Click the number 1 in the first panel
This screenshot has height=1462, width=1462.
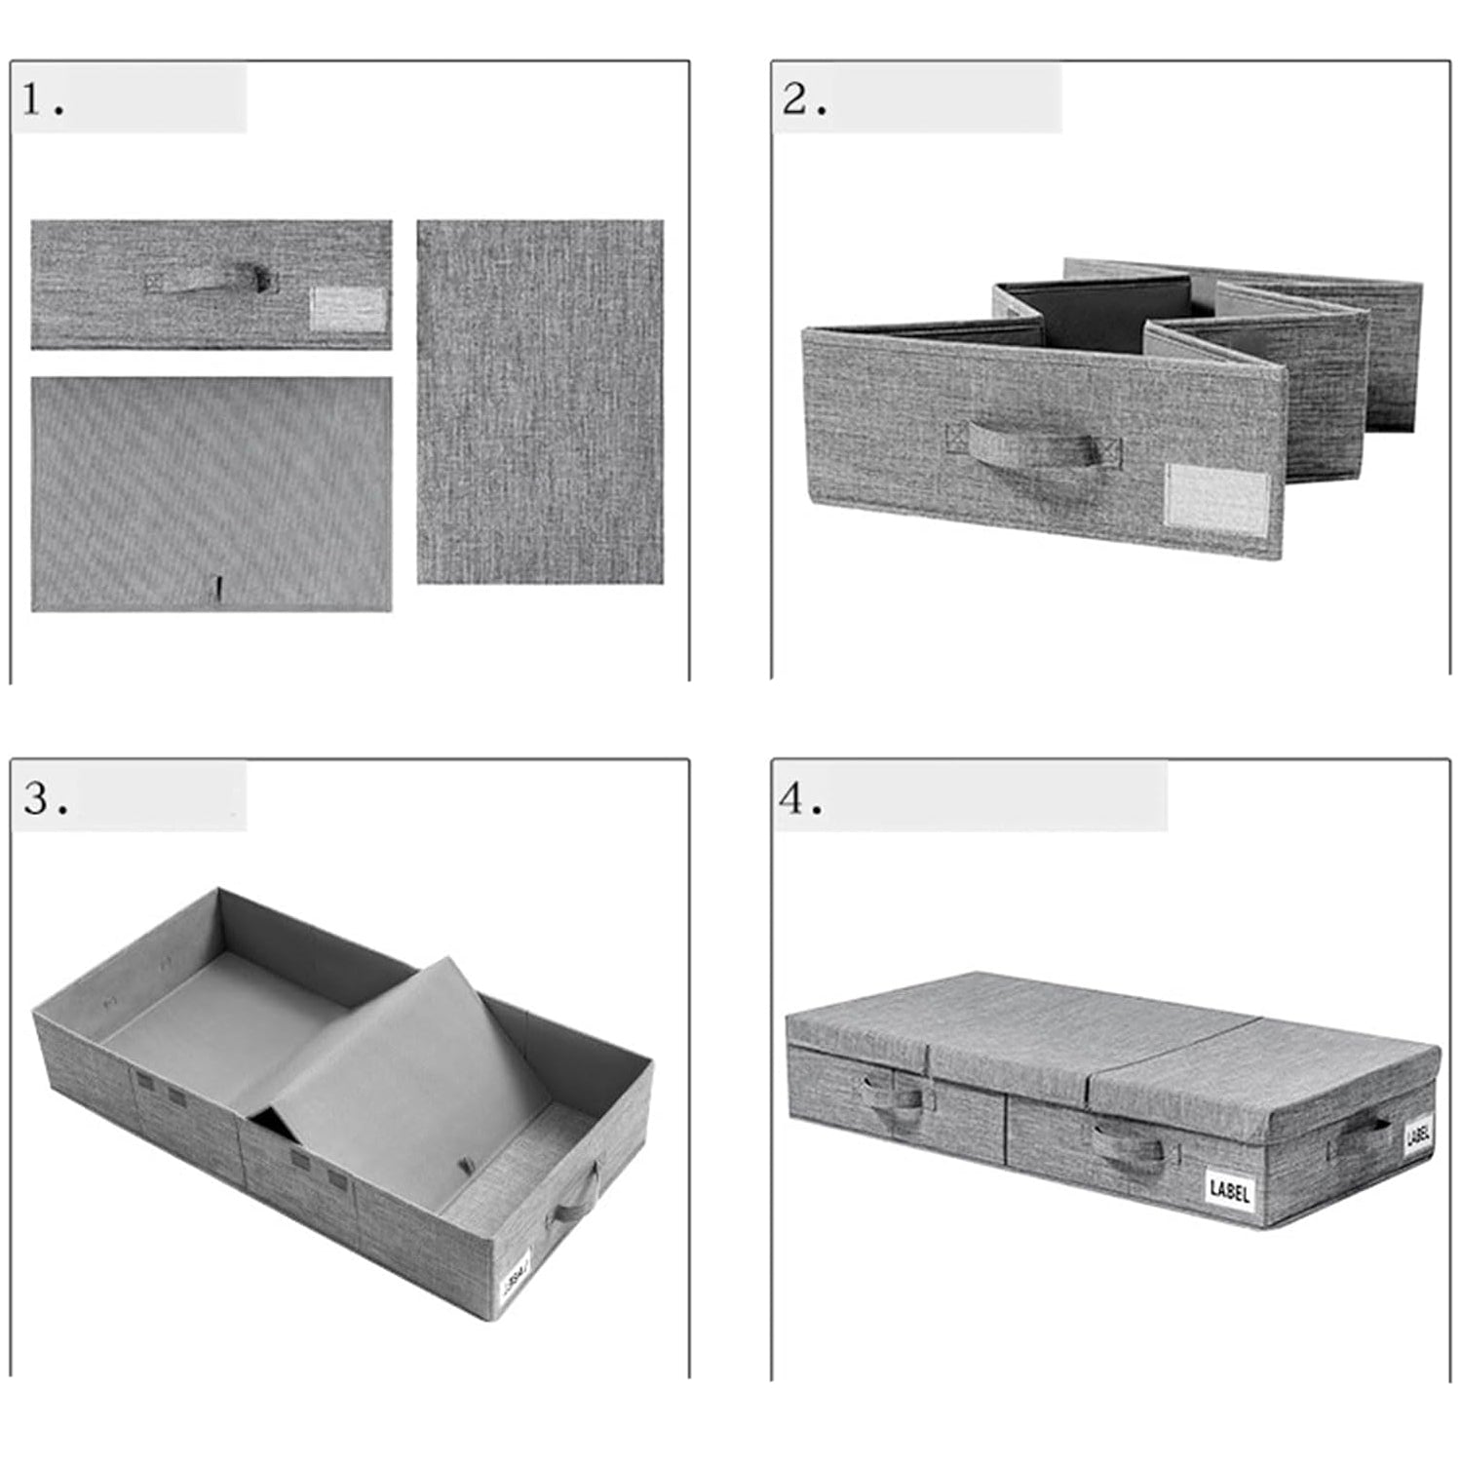(33, 99)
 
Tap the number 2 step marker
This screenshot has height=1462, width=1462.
(796, 99)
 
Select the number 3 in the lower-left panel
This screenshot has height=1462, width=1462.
(37, 798)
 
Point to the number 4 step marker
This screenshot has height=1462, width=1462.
(791, 798)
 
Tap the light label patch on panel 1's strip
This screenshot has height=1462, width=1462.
(348, 309)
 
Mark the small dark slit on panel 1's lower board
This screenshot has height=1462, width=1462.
(219, 587)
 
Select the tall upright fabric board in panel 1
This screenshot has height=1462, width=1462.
(540, 402)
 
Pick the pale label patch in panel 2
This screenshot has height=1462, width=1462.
(1217, 499)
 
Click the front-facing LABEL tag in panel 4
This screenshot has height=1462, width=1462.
(1229, 1190)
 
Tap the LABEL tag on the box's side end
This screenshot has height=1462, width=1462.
(1418, 1135)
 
